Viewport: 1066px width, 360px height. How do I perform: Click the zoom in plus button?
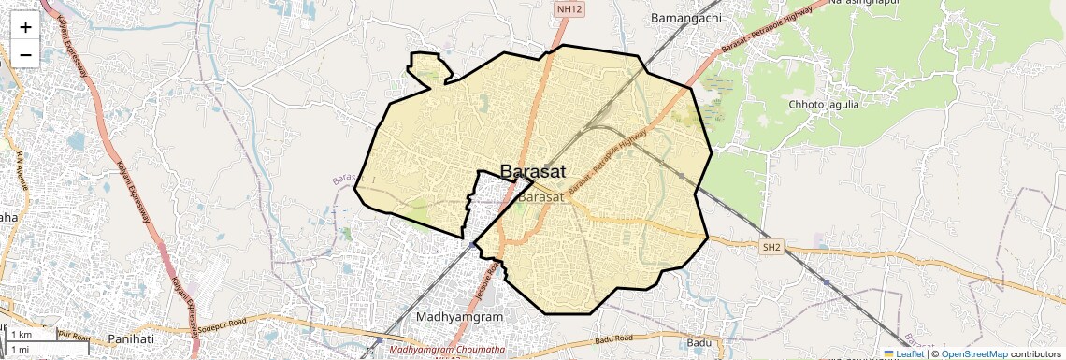25,26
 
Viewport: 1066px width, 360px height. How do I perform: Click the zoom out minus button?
25,54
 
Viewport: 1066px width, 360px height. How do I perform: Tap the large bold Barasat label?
531,171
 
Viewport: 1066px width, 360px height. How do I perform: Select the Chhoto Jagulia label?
824,104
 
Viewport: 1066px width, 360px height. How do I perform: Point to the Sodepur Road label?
224,330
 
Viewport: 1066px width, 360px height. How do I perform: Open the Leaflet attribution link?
903,353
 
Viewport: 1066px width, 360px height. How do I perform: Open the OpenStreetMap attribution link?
973,353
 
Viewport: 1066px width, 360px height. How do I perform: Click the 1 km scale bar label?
22,335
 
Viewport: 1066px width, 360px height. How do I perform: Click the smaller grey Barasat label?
540,197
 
